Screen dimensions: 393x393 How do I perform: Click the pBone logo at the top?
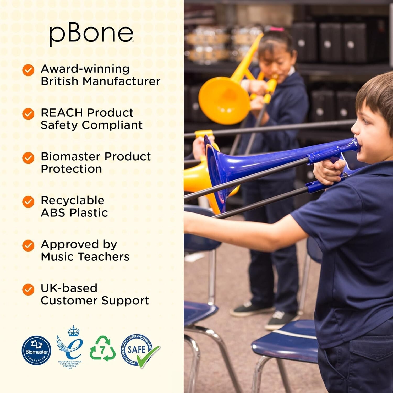(91, 34)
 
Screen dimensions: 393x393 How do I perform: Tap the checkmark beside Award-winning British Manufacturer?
(28, 70)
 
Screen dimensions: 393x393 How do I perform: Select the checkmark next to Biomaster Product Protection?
(28, 158)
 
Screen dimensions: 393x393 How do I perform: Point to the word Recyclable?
(73, 200)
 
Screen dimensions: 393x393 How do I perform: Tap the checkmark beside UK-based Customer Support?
(28, 290)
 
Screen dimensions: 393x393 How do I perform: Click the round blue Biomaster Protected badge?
(36, 350)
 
